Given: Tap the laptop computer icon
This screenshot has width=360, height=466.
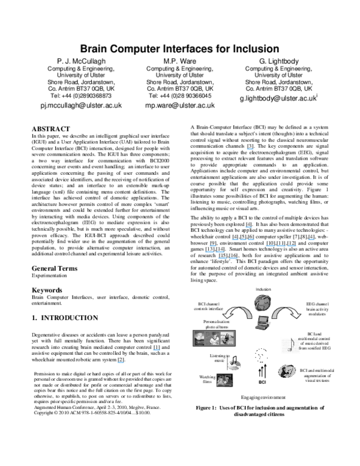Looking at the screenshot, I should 263,323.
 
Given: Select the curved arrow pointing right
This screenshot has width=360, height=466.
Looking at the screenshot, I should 287,312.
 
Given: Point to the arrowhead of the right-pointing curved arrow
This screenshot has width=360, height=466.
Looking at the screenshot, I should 297,315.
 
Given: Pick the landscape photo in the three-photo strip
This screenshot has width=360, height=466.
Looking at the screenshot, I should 200,339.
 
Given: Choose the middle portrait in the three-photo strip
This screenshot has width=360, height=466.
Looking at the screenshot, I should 214,339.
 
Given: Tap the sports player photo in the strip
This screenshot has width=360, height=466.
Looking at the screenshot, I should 227,339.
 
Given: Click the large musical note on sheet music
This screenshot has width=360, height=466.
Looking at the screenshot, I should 291,345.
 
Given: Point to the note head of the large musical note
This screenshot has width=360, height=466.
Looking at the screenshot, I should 289,349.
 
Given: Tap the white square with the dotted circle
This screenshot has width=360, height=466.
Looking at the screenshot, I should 260,355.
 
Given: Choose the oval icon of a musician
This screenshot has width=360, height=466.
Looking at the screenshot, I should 287,372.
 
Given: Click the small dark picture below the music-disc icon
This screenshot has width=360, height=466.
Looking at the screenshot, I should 224,381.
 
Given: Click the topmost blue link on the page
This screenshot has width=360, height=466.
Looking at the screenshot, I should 250,149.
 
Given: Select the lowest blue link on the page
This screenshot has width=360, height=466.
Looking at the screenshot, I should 121,363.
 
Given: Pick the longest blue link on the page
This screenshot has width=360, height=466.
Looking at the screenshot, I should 281,246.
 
